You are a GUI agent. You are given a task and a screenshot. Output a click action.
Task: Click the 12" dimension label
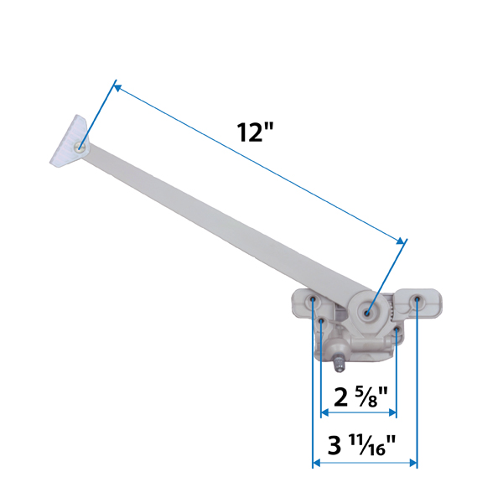click(256, 132)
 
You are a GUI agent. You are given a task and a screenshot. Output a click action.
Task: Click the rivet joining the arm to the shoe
click(80, 148)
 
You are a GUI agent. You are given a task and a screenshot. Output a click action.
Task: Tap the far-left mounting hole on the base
click(313, 299)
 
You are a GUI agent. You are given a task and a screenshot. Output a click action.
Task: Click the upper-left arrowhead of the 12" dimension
click(117, 86)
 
